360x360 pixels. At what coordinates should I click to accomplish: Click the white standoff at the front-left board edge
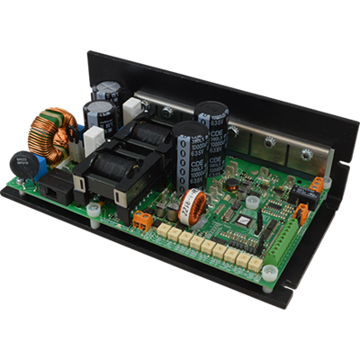94,211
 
